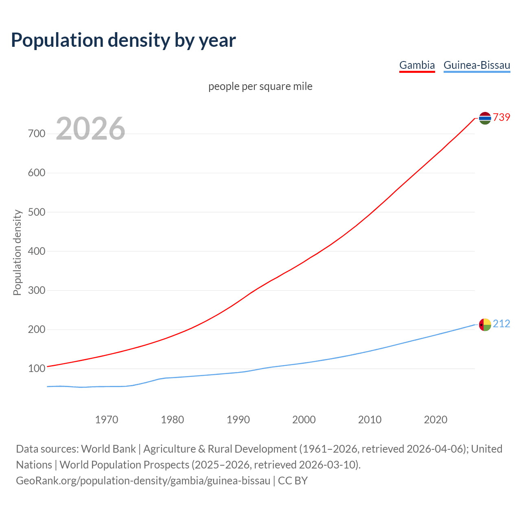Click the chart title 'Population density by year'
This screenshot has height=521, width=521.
tap(123, 40)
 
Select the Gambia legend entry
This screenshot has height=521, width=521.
tap(417, 65)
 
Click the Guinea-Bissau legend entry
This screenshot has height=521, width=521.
tap(477, 65)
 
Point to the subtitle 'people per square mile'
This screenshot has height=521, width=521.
tap(260, 86)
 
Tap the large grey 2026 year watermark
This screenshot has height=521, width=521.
tap(90, 129)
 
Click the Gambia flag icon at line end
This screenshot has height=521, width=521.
tap(485, 118)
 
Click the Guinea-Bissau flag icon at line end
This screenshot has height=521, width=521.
tap(485, 324)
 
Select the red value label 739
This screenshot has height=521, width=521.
tap(501, 117)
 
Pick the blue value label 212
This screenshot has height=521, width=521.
tap(501, 324)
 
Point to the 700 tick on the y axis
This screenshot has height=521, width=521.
tap(36, 134)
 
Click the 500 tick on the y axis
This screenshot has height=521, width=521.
tap(36, 212)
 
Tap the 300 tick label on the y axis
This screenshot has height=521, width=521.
tap(36, 290)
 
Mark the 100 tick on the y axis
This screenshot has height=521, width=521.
tap(36, 369)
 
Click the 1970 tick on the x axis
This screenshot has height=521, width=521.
tap(107, 419)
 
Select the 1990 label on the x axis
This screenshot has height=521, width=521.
tap(238, 419)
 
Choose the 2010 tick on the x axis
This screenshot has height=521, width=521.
tap(370, 419)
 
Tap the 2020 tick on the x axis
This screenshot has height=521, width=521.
tap(436, 419)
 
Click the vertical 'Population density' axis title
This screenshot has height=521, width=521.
tap(17, 252)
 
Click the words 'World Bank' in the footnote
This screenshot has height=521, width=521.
tap(108, 449)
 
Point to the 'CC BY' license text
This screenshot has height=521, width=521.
tap(293, 480)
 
